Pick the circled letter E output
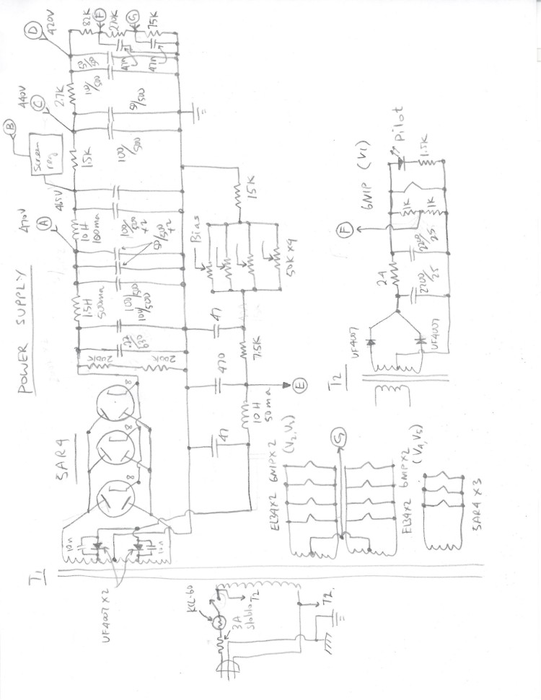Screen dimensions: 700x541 [x=302, y=386]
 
